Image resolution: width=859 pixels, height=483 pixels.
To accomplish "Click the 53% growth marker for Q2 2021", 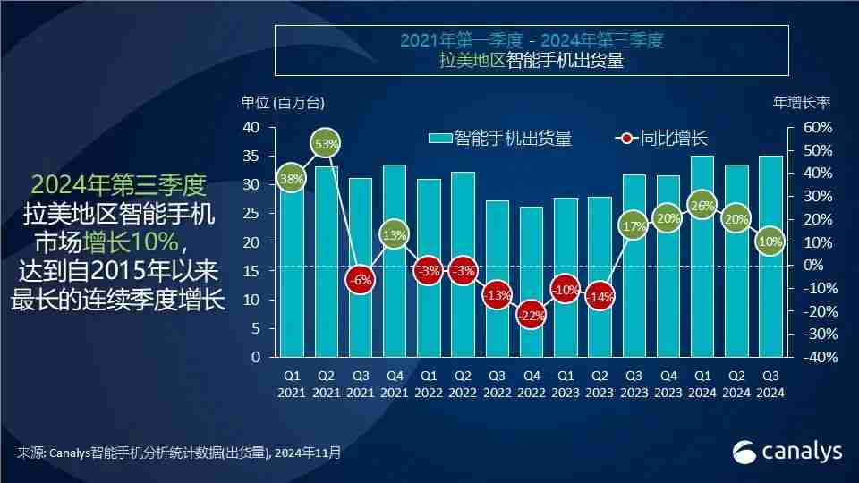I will pyautogui.click(x=327, y=143).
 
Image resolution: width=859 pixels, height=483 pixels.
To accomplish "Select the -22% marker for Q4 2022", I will pyautogui.click(x=531, y=315).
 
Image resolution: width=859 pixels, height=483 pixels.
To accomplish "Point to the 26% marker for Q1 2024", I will pyautogui.click(x=702, y=206).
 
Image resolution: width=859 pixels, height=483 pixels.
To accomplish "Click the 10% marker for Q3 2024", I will pyautogui.click(x=770, y=241).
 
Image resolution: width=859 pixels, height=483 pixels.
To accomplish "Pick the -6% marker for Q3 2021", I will pyautogui.click(x=361, y=279).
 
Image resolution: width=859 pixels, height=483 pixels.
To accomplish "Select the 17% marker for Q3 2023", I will pyautogui.click(x=634, y=226).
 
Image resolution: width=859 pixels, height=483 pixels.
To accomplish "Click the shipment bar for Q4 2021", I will pyautogui.click(x=395, y=268).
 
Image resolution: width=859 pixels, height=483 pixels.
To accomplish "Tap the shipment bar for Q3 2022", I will pyautogui.click(x=497, y=286).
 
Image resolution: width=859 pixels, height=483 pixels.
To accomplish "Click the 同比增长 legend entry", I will pyautogui.click(x=662, y=139).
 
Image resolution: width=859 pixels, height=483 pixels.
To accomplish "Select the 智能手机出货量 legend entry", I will pyautogui.click(x=501, y=139).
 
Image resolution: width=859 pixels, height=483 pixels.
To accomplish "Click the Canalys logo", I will pyautogui.click(x=787, y=452).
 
